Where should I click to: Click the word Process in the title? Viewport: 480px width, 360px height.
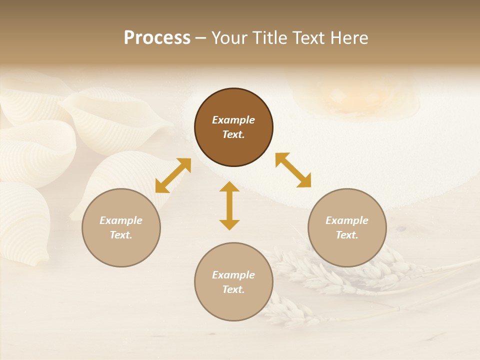click(x=157, y=38)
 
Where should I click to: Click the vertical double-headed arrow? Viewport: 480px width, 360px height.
click(x=229, y=205)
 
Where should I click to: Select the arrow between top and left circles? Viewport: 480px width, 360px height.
click(x=173, y=175)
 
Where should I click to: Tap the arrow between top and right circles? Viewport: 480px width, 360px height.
click(x=293, y=170)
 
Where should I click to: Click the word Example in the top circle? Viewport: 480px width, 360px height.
click(x=233, y=120)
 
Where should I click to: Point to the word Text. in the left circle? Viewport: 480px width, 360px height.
click(x=121, y=235)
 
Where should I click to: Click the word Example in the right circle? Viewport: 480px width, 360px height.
click(x=347, y=220)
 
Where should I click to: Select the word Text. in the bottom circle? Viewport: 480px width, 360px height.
click(x=233, y=289)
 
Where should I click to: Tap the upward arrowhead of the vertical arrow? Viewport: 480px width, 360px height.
click(x=229, y=187)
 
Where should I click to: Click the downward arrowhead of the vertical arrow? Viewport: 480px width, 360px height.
click(x=229, y=224)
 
